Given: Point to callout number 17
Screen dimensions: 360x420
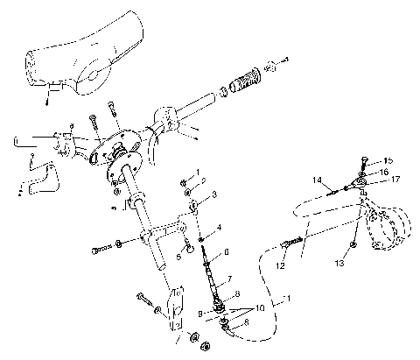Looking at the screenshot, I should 395,180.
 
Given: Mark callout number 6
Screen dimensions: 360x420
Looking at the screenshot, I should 226,252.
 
